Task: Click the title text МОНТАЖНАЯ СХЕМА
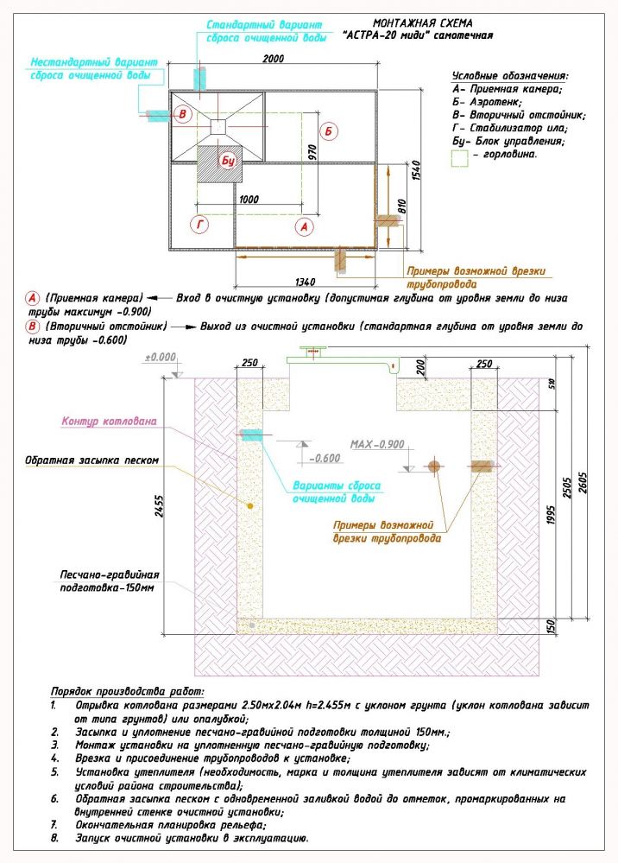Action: pyautogui.click(x=423, y=23)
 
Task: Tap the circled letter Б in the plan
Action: pyautogui.click(x=328, y=132)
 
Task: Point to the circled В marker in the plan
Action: pyautogui.click(x=182, y=115)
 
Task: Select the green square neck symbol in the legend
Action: pyautogui.click(x=460, y=156)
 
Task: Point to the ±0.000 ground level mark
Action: pyautogui.click(x=160, y=357)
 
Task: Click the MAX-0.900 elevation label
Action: pyautogui.click(x=376, y=445)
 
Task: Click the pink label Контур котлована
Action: pyautogui.click(x=109, y=422)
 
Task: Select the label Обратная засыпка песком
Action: pyautogui.click(x=92, y=460)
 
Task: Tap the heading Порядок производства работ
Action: pyautogui.click(x=128, y=692)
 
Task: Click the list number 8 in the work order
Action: pyautogui.click(x=54, y=838)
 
